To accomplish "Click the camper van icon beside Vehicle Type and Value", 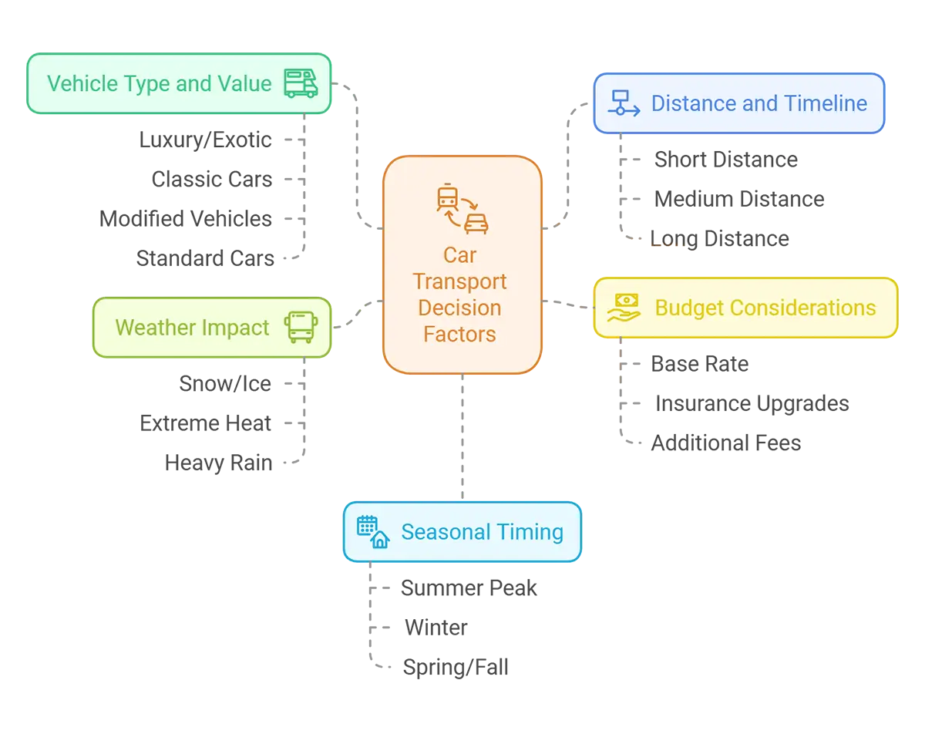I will click(x=301, y=83).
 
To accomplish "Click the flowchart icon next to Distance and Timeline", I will click(x=623, y=103).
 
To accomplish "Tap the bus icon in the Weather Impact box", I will click(x=301, y=327).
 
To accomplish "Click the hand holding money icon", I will click(x=623, y=308).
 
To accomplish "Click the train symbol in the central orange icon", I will click(x=447, y=197).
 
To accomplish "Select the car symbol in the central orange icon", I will click(x=476, y=222).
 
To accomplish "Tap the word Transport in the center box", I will click(x=459, y=281).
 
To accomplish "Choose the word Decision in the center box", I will click(x=459, y=308).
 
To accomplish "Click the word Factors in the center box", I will click(x=459, y=334).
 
